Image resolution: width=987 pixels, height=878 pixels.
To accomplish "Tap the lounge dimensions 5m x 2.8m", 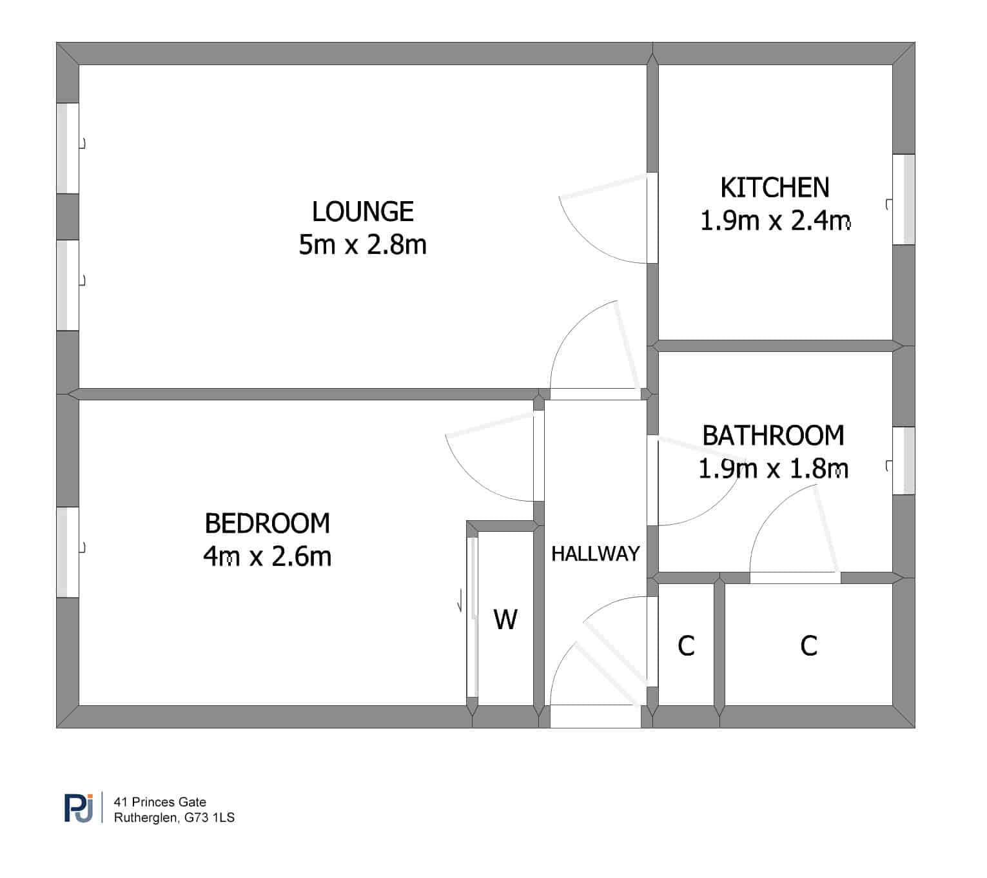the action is click(x=362, y=244).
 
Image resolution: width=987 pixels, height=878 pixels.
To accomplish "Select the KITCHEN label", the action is click(x=775, y=187).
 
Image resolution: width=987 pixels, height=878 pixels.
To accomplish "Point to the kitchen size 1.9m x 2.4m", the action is click(x=775, y=220).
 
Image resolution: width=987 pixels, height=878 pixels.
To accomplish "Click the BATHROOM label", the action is click(x=773, y=435).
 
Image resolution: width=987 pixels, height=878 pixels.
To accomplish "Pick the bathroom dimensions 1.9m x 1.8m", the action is click(x=773, y=468).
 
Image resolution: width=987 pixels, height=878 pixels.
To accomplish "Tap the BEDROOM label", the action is click(x=267, y=523).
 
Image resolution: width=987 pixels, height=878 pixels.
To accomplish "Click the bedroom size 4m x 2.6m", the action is click(x=267, y=556).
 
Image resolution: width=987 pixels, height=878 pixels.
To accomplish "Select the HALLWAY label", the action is click(x=595, y=554).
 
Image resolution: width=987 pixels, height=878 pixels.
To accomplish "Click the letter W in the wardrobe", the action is click(x=505, y=619).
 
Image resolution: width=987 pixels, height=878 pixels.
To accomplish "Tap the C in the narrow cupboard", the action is click(x=686, y=646).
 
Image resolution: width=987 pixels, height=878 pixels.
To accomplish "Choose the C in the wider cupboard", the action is click(x=808, y=646).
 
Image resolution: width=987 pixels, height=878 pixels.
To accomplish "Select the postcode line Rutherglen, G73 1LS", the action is click(x=174, y=817).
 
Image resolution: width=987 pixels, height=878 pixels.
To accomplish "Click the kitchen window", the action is click(x=904, y=199).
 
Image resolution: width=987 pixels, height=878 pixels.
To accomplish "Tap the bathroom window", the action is click(x=904, y=460).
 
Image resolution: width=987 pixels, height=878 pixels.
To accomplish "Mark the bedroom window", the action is click(x=68, y=552).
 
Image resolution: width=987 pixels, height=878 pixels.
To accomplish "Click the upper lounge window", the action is click(x=68, y=148).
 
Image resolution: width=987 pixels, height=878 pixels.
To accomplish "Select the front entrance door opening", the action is click(x=595, y=716).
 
